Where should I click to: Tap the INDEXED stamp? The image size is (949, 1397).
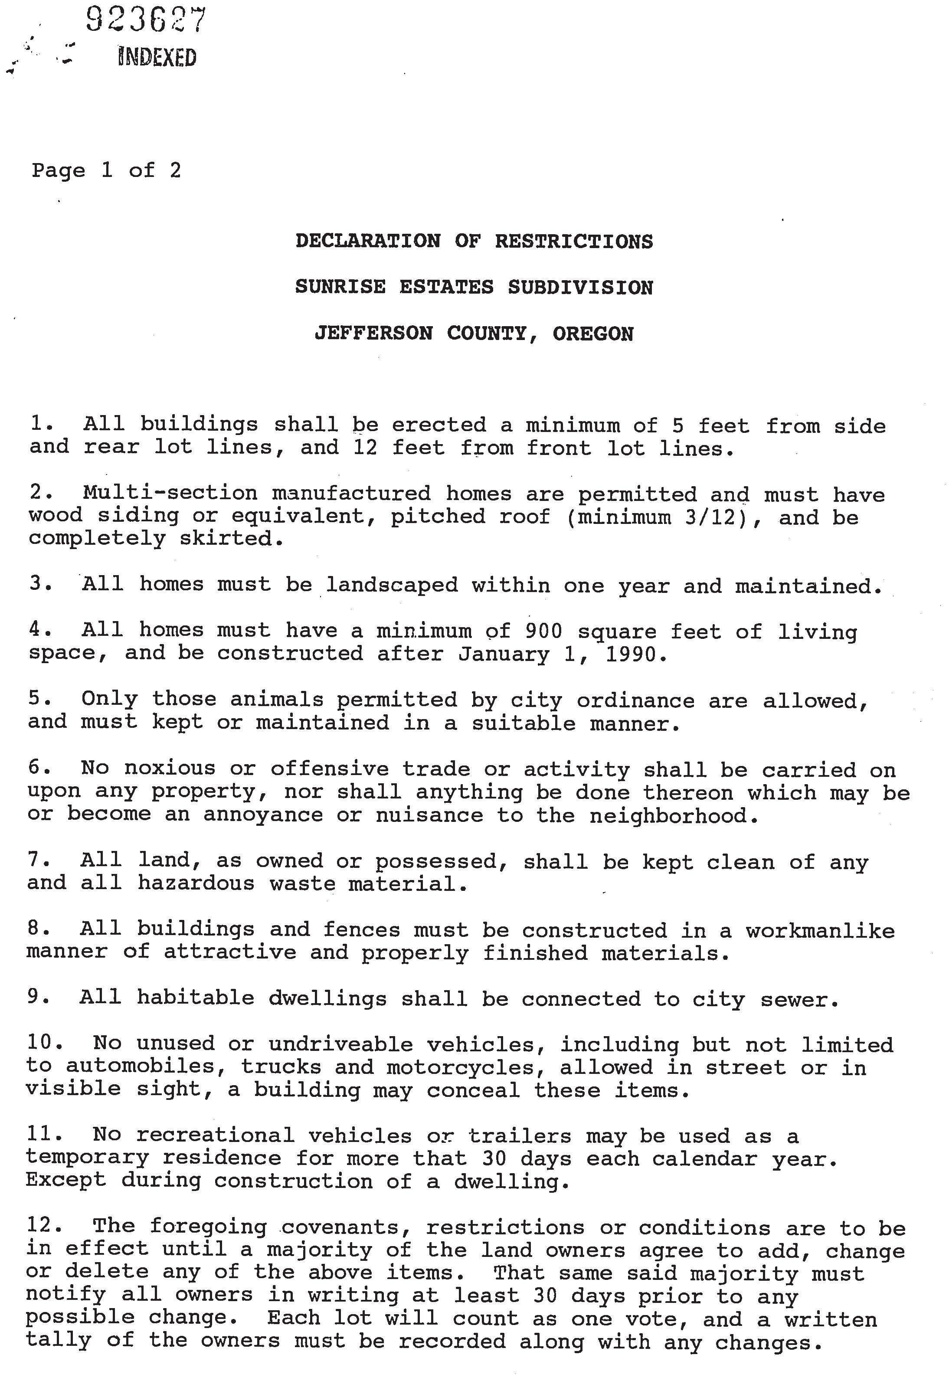tap(157, 57)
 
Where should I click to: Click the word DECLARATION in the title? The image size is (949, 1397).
tap(368, 241)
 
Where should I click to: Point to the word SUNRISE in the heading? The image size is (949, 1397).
tap(340, 287)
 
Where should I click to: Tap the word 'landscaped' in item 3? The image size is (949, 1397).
tap(392, 585)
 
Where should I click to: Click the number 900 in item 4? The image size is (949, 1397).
tap(543, 631)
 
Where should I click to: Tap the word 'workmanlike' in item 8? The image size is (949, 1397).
tap(820, 930)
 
